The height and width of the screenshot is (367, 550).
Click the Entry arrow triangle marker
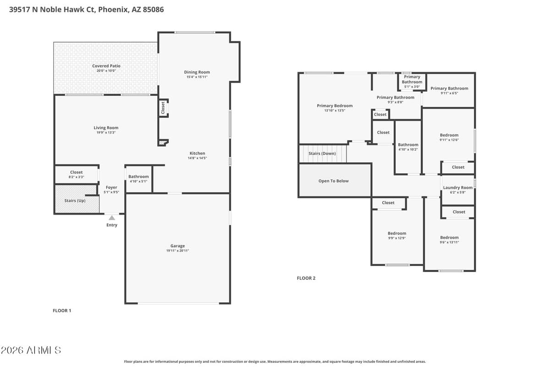coord(111,217)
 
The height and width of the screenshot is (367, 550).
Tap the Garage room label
coord(177,246)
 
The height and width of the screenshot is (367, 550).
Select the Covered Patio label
coord(106,66)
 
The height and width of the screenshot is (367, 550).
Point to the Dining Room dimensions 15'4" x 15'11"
coord(197,77)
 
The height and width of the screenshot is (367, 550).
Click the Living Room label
coord(106,128)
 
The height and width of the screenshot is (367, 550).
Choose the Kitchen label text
coord(197,153)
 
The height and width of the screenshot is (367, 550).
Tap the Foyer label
coord(111,187)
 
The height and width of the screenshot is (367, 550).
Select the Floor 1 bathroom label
coord(138,177)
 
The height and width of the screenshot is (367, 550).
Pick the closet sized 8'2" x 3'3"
coord(77,174)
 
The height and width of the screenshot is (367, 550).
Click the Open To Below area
coord(334,181)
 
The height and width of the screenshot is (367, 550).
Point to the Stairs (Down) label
coord(322,153)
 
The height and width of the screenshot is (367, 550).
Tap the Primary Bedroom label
coord(335,106)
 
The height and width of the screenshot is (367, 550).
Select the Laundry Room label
coord(458,188)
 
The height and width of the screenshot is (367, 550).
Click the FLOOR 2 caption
coord(306,278)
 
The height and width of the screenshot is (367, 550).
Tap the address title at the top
coord(86,9)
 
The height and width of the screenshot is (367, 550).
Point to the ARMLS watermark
coord(31,350)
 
